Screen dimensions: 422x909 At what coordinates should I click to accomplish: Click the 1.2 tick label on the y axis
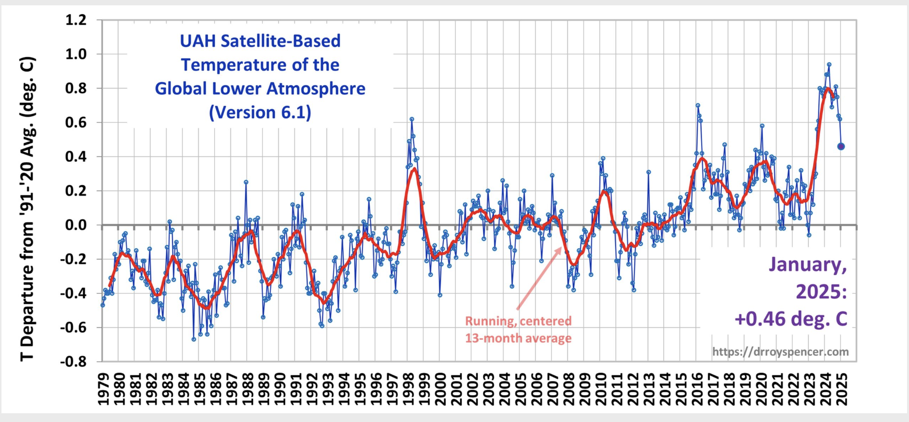tap(76, 20)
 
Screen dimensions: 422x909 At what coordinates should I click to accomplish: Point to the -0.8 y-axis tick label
tap(73, 362)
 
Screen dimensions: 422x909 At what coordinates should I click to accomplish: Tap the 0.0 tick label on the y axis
tap(76, 225)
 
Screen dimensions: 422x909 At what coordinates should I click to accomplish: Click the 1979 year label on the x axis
tap(103, 389)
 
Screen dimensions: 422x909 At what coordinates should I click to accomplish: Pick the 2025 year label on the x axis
tap(842, 389)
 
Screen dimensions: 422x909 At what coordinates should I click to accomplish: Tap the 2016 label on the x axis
tap(697, 389)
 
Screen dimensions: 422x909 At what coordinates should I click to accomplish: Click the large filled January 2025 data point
tap(841, 146)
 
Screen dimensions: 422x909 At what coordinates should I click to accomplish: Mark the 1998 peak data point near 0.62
tap(412, 119)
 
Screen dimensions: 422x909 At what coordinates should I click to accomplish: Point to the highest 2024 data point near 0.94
tap(829, 64)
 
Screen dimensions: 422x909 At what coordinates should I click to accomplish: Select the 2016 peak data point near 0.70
tap(698, 105)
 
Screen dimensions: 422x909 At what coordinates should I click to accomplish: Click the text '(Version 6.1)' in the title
tap(260, 113)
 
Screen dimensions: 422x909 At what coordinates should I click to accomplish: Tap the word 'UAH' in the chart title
tap(198, 41)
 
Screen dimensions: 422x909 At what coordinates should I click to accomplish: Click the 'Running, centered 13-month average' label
tap(518, 329)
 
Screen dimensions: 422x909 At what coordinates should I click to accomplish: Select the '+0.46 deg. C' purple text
tap(791, 319)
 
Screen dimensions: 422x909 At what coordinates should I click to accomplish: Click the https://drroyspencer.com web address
tap(780, 352)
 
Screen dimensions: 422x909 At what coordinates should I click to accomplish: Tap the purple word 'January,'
tap(807, 265)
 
